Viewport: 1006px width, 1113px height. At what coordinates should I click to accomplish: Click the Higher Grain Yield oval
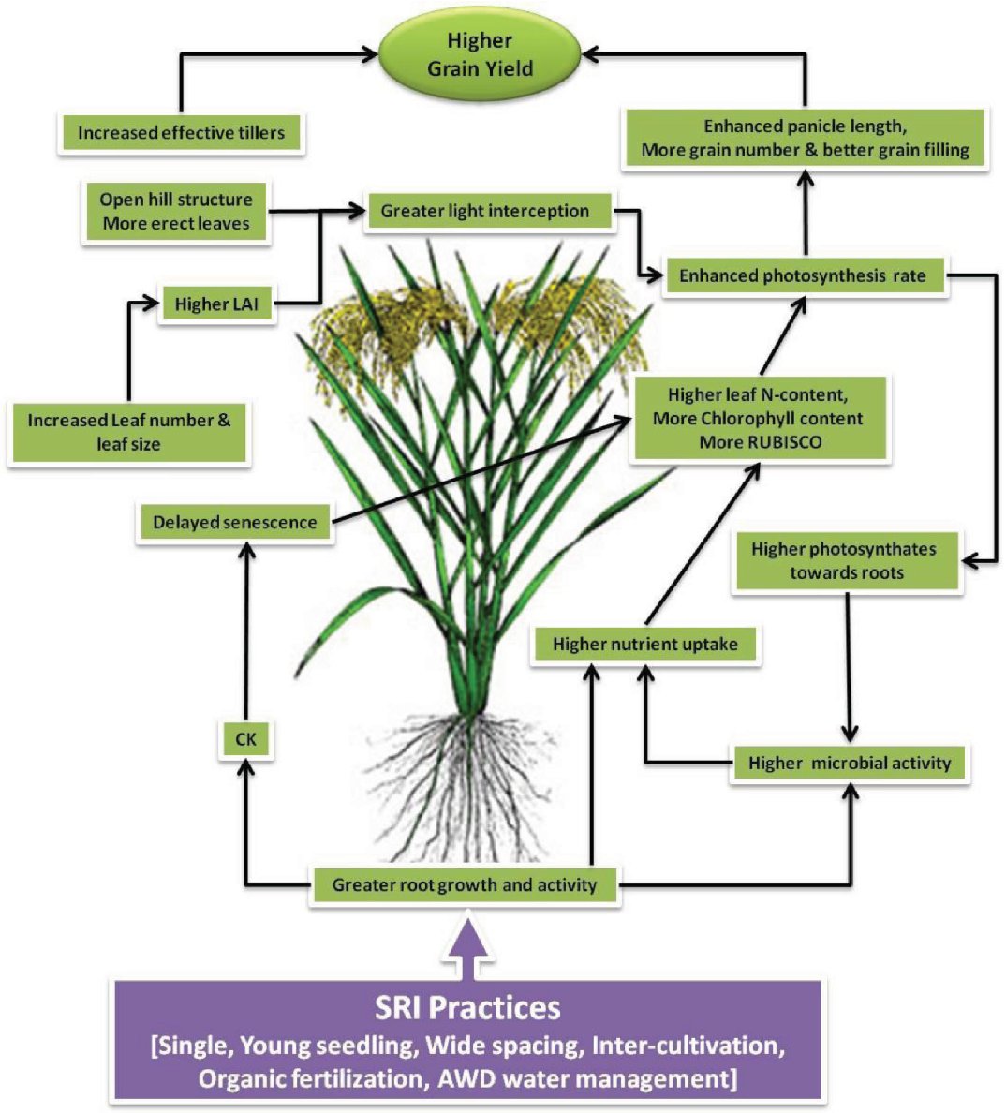point(480,55)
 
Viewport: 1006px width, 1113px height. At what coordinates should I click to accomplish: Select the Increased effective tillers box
point(181,132)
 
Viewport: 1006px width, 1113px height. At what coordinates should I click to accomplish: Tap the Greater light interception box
point(485,211)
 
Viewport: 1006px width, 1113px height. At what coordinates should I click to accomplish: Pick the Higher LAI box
point(216,304)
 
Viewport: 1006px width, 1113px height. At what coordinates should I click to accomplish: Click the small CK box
point(245,740)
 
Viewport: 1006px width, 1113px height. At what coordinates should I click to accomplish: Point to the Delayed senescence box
point(235,522)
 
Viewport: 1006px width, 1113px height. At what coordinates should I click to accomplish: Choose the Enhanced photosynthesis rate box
point(803,275)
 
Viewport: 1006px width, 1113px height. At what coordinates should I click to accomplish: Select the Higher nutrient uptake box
point(644,645)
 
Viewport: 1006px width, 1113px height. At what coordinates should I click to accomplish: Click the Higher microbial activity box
point(849,763)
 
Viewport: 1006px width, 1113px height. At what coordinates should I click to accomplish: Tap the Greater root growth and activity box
point(465,884)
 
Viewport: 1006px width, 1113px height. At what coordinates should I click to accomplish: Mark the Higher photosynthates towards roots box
point(846,560)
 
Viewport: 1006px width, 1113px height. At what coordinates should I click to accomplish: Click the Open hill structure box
point(176,212)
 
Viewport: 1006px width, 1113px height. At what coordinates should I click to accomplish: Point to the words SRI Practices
point(467,1007)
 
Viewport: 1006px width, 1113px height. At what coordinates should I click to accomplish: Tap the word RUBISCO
point(760,442)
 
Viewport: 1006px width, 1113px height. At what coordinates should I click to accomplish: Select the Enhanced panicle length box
point(805,138)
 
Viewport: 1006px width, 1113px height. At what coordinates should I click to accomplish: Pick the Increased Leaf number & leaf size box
point(128,432)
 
